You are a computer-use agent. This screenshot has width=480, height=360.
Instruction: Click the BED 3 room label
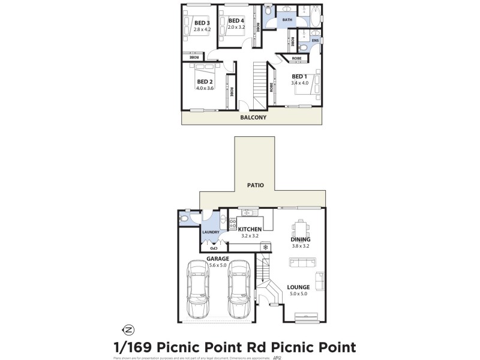click(202, 22)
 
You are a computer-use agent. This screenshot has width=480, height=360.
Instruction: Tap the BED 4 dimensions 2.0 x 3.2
click(237, 27)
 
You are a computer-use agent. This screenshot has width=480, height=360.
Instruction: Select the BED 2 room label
click(205, 82)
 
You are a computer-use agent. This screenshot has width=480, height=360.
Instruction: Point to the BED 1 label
click(299, 76)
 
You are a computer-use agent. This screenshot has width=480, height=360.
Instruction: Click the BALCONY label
click(253, 118)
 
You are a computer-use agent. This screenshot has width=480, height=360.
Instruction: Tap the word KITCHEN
click(250, 229)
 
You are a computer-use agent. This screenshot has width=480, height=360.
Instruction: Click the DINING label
click(299, 239)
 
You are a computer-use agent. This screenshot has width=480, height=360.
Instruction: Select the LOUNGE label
click(298, 287)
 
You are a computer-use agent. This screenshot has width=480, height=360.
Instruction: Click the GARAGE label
click(218, 259)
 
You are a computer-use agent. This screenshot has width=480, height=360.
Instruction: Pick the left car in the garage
click(199, 290)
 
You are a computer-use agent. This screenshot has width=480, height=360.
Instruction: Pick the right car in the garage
click(239, 290)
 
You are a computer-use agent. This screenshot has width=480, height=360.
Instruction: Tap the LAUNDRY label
click(211, 232)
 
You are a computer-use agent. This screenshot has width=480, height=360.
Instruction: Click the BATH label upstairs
click(287, 20)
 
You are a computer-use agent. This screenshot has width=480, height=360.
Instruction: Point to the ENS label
click(315, 41)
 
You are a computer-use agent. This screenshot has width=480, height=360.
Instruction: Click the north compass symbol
click(128, 329)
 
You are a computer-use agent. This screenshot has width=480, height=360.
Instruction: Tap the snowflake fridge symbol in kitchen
click(265, 247)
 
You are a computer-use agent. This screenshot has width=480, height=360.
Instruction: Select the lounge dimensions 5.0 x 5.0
click(298, 294)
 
